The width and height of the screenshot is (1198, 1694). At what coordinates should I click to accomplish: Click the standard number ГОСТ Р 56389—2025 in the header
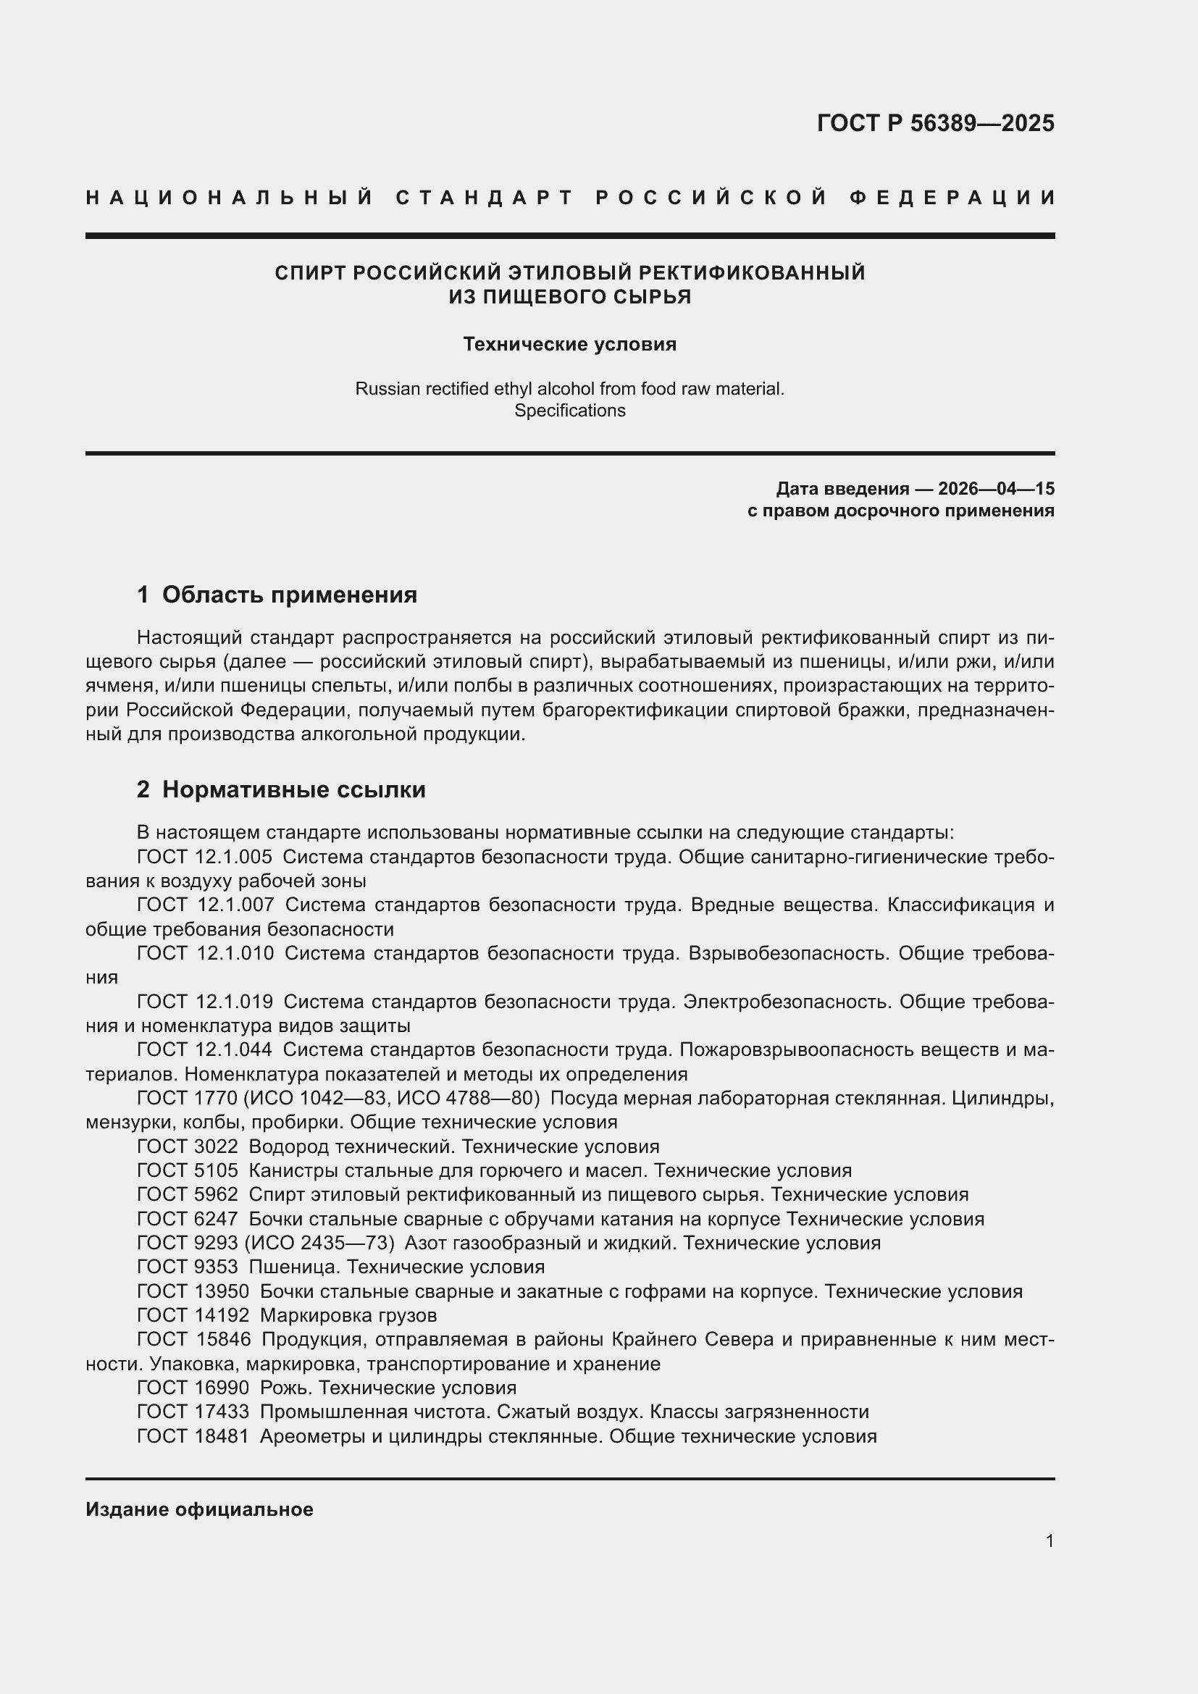(934, 123)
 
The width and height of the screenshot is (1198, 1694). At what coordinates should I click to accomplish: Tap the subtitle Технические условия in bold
(569, 345)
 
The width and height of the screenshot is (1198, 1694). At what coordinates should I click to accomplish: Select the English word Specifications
(569, 410)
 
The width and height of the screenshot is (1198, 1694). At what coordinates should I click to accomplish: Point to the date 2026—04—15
(996, 488)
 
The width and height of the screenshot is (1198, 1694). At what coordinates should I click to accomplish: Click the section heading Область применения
(289, 595)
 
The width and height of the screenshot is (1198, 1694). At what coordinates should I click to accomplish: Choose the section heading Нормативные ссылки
(293, 789)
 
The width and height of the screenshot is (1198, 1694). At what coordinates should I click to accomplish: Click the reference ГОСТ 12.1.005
(204, 857)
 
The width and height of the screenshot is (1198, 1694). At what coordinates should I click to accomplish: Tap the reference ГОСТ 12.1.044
(204, 1049)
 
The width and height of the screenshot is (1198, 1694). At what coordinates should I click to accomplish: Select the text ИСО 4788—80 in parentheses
(464, 1098)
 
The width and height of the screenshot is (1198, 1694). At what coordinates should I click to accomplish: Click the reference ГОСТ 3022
(188, 1146)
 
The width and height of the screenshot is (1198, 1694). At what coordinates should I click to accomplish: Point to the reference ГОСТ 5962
(188, 1194)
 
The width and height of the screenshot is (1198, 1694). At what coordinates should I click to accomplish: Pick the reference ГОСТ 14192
(193, 1314)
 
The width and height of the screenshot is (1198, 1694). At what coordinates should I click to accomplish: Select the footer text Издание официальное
(199, 1509)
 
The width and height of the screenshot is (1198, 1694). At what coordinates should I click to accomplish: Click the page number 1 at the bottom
(1049, 1540)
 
